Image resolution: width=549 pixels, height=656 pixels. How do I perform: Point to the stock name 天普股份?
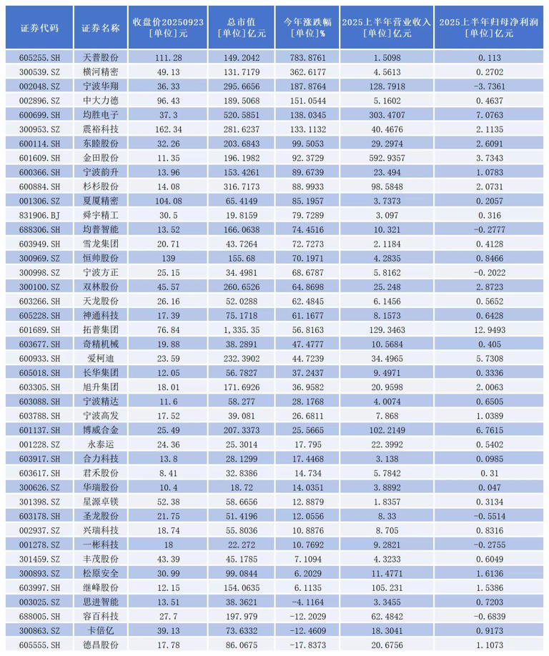point(101,57)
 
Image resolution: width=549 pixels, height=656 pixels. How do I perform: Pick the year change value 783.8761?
point(307,57)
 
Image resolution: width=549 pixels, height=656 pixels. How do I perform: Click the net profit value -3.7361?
point(491,86)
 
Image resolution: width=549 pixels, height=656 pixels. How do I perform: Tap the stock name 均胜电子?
point(101,114)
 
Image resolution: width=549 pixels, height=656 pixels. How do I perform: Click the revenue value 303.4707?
point(387,114)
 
